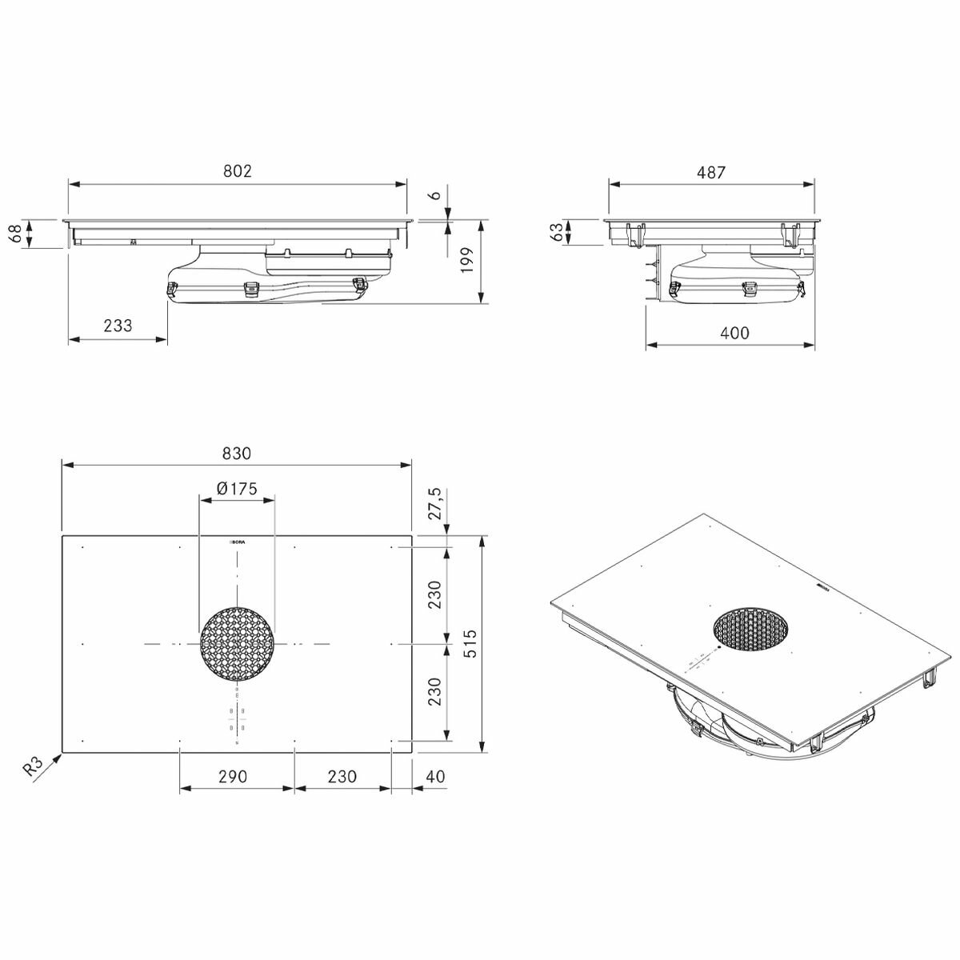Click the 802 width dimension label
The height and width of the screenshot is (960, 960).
click(x=238, y=170)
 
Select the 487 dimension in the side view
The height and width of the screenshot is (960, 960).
click(x=710, y=171)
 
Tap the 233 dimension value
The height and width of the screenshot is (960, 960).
click(x=118, y=326)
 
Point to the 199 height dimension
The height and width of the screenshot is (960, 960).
click(x=468, y=261)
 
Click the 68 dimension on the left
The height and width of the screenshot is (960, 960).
click(x=14, y=234)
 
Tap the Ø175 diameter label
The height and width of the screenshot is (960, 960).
click(x=237, y=488)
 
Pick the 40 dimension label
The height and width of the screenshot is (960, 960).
click(x=435, y=776)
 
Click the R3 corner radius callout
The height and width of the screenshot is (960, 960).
click(x=33, y=766)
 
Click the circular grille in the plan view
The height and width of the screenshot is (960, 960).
click(x=237, y=644)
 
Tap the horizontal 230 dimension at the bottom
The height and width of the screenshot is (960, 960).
click(x=342, y=776)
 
